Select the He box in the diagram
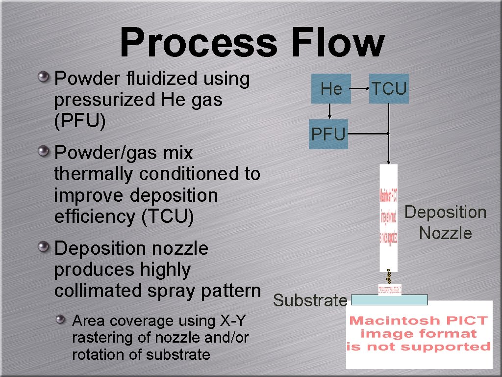click(x=331, y=89)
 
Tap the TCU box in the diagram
click(x=389, y=89)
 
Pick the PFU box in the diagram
click(x=328, y=134)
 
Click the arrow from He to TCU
click(x=360, y=89)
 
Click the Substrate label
click(x=310, y=300)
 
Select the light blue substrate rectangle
click(x=390, y=299)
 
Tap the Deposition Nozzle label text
click(x=445, y=222)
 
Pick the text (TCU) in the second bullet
click(x=167, y=216)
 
